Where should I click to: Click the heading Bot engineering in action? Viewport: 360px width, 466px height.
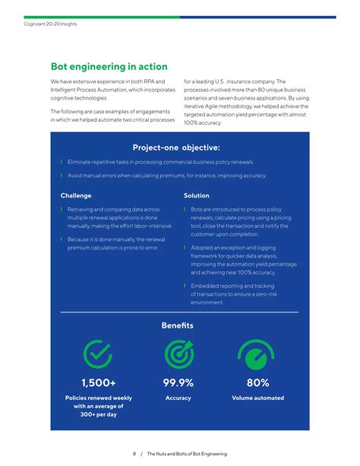[x=109, y=67]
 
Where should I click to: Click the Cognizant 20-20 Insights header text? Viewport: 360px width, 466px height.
[x=51, y=24]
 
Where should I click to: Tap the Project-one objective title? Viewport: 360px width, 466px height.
[x=176, y=147]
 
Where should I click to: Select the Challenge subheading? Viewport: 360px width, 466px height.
[x=76, y=195]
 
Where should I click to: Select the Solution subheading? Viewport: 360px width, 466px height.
[x=197, y=195]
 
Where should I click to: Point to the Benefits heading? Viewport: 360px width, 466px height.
[x=177, y=325]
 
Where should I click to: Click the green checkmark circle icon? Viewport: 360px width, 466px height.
[x=97, y=353]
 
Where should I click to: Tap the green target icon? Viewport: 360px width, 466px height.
[x=178, y=353]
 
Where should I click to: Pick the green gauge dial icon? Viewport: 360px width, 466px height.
[x=257, y=353]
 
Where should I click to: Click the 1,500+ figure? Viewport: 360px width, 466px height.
[x=99, y=382]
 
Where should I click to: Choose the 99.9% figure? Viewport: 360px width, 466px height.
[x=178, y=382]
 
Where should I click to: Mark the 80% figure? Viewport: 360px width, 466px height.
[x=257, y=382]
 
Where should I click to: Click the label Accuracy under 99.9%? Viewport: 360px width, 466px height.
[x=178, y=398]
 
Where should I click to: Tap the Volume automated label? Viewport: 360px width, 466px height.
[x=257, y=398]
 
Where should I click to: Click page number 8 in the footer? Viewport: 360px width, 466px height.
[x=134, y=454]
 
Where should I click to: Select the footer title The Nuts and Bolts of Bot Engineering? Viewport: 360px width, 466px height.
[x=187, y=454]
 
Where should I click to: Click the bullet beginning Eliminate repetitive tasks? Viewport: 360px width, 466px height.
[x=160, y=162]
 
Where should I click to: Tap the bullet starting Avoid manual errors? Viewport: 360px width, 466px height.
[x=166, y=176]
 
